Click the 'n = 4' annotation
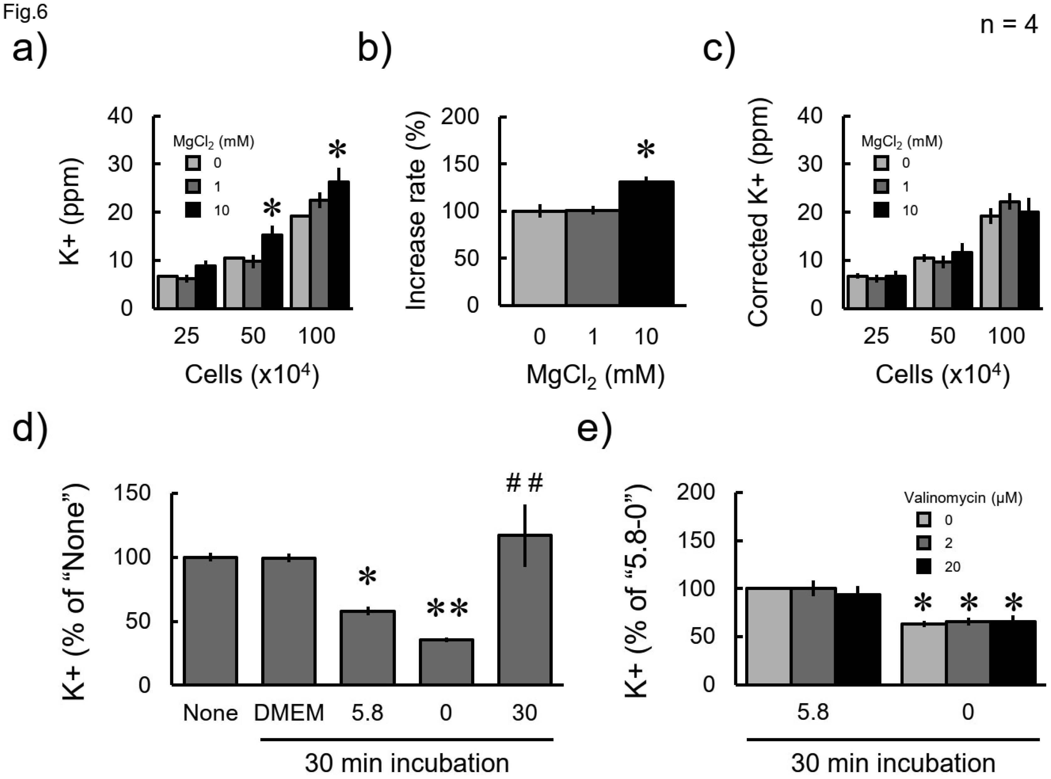click(1009, 24)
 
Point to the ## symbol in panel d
click(524, 484)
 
